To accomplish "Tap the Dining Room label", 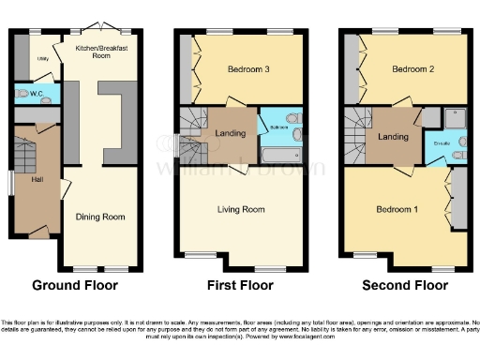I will (100, 217).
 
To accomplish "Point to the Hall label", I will (37, 179).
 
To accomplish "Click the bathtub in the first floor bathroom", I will (279, 154).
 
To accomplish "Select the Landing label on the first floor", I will (231, 134).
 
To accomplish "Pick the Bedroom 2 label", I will (412, 70).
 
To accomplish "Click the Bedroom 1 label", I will (395, 208).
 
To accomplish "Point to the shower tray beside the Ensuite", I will (455, 117).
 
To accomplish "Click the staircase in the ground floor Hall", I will (25, 153).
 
